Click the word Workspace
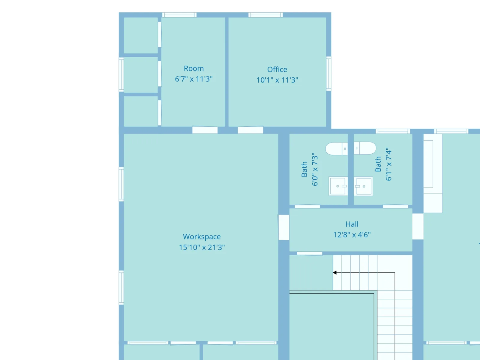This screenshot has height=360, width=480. [x=202, y=237]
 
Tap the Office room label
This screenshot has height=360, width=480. [x=277, y=70]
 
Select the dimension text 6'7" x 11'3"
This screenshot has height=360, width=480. [x=194, y=79]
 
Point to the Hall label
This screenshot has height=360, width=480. [x=352, y=224]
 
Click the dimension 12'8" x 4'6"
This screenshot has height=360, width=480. [x=352, y=235]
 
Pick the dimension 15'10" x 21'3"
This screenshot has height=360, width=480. [x=202, y=247]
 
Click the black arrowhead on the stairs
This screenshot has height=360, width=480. [x=334, y=273]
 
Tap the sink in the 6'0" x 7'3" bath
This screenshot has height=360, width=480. [x=338, y=186]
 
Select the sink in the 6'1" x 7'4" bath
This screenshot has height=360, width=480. [x=363, y=186]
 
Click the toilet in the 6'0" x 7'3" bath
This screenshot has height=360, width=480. [x=336, y=149]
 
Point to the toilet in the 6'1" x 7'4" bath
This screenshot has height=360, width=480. [x=365, y=148]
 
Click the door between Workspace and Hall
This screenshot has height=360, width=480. [x=283, y=227]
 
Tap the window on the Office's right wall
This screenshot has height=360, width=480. [x=328, y=73]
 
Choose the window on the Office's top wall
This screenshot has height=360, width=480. [x=265, y=15]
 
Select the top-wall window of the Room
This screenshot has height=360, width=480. [x=179, y=15]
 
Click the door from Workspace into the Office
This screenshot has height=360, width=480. [x=250, y=130]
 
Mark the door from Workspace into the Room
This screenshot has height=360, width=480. [x=205, y=130]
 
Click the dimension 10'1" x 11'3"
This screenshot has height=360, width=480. [x=277, y=80]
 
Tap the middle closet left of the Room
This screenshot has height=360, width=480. [x=141, y=75]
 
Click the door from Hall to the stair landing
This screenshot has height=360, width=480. [x=309, y=253]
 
